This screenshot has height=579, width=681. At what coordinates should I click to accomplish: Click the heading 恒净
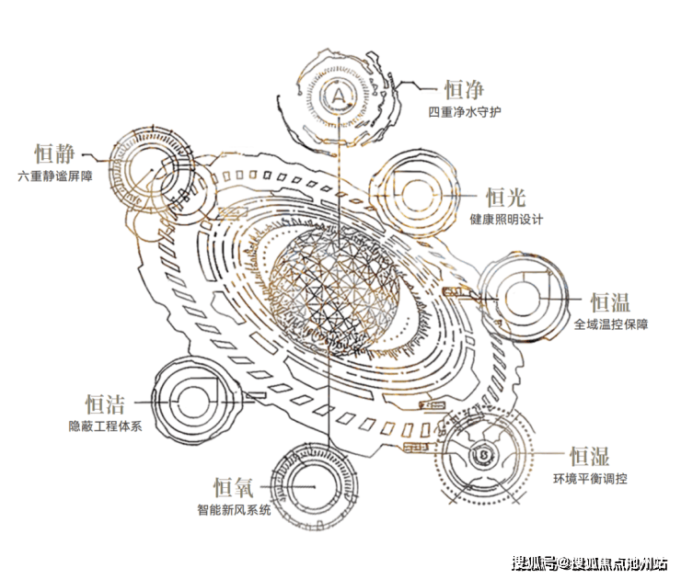[464, 90]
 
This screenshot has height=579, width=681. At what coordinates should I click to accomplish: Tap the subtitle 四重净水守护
[465, 112]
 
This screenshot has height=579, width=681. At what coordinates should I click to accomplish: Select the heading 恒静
[54, 153]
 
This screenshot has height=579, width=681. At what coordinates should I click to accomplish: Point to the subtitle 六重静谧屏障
[55, 176]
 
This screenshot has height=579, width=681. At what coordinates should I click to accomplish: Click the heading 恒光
[505, 198]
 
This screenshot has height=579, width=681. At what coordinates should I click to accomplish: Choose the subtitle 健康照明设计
[506, 219]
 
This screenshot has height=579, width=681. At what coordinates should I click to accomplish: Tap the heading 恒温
[610, 301]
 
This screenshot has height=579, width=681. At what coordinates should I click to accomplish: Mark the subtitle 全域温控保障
[611, 324]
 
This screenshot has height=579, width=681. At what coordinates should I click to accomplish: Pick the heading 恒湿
[589, 456]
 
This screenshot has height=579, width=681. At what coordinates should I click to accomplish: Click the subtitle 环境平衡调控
[590, 479]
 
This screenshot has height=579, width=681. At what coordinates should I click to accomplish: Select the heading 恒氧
[233, 487]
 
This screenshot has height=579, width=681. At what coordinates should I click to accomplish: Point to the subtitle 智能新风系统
[234, 509]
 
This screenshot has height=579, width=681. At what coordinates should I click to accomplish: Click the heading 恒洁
[105, 403]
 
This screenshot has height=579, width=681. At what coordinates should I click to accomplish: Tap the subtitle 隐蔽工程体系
[106, 426]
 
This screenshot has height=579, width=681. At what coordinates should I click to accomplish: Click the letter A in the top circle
[339, 95]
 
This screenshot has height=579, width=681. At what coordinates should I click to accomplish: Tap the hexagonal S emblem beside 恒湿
[483, 455]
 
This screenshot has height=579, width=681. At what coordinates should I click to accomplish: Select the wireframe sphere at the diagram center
[333, 285]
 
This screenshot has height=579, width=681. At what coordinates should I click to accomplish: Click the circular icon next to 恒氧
[315, 486]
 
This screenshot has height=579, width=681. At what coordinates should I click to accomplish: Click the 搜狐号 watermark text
[533, 563]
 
